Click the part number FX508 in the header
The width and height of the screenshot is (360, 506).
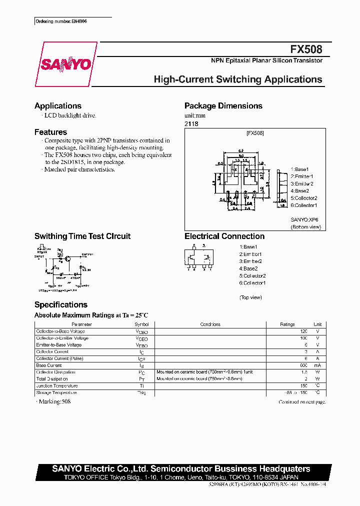306,49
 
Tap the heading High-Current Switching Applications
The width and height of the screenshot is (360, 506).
238,79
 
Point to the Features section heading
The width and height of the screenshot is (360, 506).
50,132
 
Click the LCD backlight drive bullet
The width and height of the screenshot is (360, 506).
69,115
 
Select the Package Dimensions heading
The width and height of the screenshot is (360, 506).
223,106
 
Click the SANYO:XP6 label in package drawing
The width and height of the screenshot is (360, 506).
304,219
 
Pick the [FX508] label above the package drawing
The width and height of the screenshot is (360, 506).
255,133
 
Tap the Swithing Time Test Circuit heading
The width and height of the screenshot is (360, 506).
82,236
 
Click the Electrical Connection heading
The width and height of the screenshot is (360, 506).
224,236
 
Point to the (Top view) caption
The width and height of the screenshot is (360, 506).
250,297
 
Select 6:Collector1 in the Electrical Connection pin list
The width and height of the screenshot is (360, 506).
252,283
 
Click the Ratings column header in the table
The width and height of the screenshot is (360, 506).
287,324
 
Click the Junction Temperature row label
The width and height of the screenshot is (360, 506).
57,386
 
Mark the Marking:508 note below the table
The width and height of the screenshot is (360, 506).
54,402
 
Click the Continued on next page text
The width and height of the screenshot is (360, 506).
302,402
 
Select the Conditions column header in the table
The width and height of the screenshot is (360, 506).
210,324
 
